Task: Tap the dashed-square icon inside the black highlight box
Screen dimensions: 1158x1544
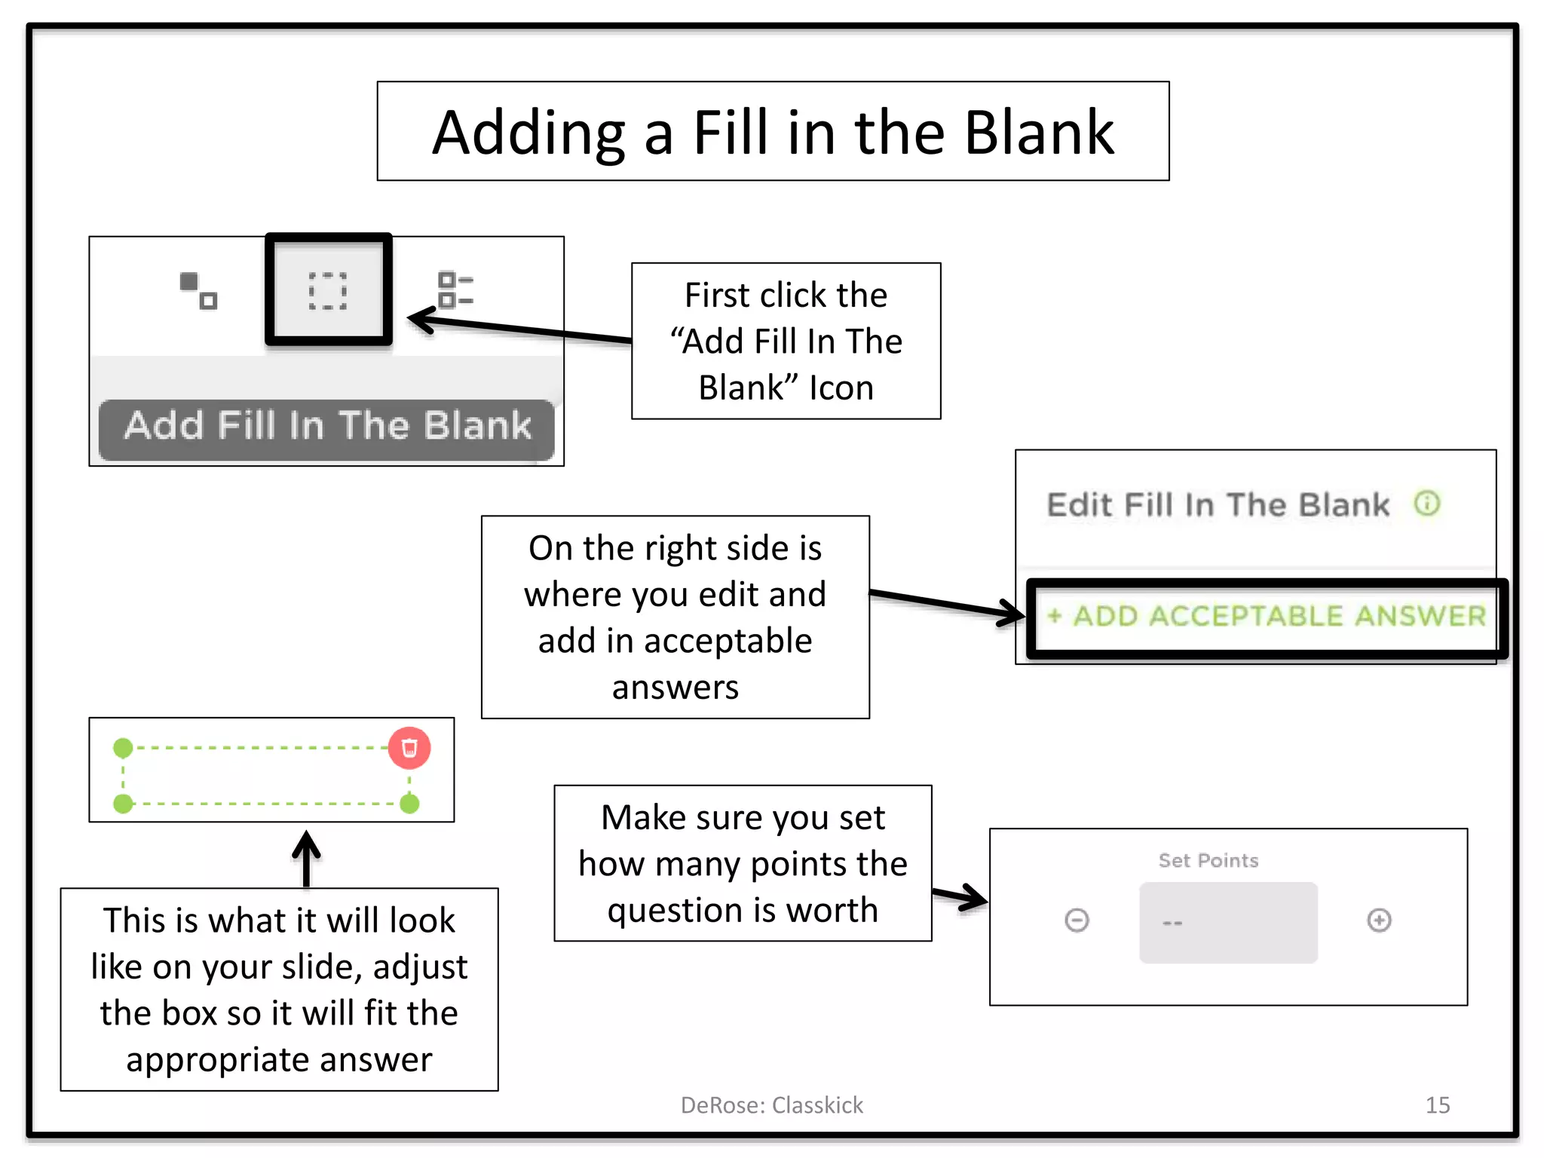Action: click(328, 291)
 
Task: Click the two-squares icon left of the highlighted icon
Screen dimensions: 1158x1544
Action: click(198, 291)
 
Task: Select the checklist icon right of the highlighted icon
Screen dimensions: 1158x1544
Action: click(455, 290)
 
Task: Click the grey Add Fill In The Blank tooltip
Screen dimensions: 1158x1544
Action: click(326, 427)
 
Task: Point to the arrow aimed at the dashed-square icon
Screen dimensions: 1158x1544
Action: click(520, 329)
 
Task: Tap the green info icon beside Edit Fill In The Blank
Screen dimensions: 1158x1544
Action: click(1426, 503)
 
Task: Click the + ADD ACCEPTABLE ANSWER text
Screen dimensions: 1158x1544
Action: click(1267, 617)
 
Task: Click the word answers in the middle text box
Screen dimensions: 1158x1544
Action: click(675, 688)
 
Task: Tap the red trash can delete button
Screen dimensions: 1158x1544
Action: click(409, 748)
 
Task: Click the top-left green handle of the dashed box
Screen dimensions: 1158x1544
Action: click(123, 748)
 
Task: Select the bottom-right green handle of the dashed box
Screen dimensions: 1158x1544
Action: click(409, 804)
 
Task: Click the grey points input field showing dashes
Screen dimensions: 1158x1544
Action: click(1228, 922)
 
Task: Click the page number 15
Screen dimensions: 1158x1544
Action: click(1437, 1105)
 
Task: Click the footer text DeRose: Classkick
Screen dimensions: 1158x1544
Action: click(771, 1105)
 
